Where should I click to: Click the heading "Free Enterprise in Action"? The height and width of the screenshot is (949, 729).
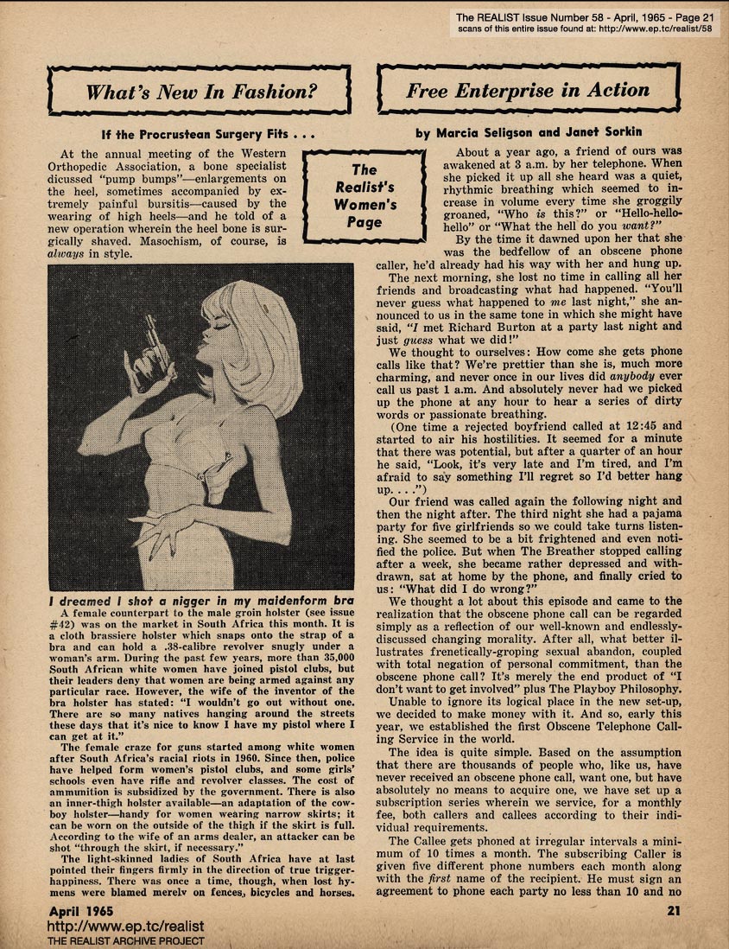528,91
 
